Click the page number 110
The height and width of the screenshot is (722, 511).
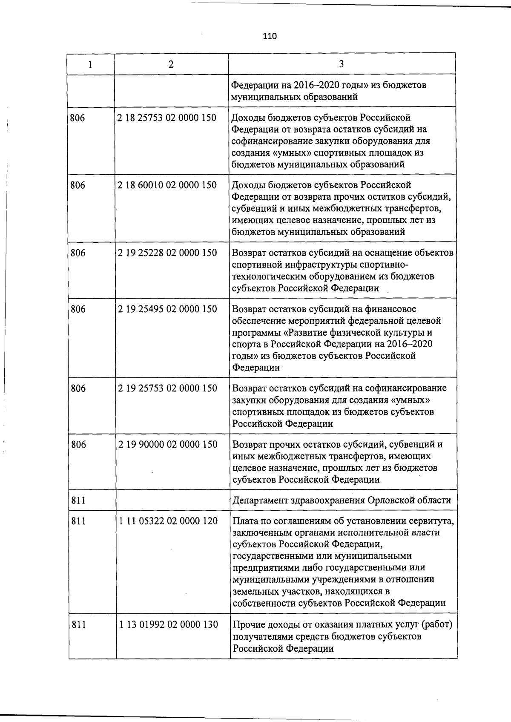coord(270,37)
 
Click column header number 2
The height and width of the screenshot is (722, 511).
coord(171,64)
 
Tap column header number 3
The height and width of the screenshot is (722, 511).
coord(341,64)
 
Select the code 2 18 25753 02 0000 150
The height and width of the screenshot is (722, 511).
coord(167,118)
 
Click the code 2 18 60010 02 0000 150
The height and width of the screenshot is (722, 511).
coord(167,185)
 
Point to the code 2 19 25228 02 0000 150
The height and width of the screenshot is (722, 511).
coord(167,253)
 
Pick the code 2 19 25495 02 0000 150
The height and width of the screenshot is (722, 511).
coord(167,309)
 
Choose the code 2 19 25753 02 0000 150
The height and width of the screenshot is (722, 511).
coord(167,388)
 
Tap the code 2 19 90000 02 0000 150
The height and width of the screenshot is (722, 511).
coord(168,445)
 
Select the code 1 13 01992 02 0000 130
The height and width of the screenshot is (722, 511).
coord(169,625)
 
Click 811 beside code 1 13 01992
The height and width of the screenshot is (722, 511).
coord(78,625)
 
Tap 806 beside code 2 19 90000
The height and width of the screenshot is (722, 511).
coord(78,445)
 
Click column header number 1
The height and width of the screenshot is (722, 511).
coord(90,64)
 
